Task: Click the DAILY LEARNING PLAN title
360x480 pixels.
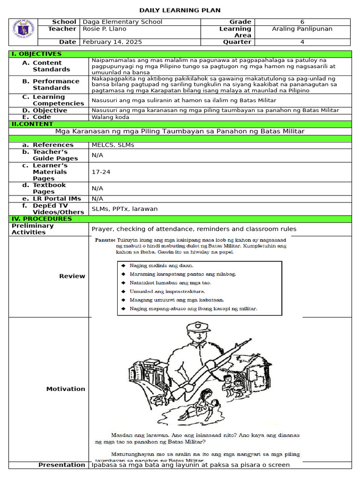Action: click(180, 10)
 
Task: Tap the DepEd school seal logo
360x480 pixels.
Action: click(23, 32)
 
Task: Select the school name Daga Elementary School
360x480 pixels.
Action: click(122, 22)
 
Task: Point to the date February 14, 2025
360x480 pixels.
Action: click(112, 42)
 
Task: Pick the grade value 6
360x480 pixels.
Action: click(302, 22)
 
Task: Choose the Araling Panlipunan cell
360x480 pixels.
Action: click(302, 29)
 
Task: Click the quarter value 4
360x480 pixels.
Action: click(302, 42)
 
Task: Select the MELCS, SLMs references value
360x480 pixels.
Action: click(113, 145)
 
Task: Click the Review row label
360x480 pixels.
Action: click(72, 277)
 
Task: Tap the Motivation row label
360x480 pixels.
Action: click(66, 389)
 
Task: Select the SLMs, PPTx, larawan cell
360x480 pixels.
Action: click(125, 209)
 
